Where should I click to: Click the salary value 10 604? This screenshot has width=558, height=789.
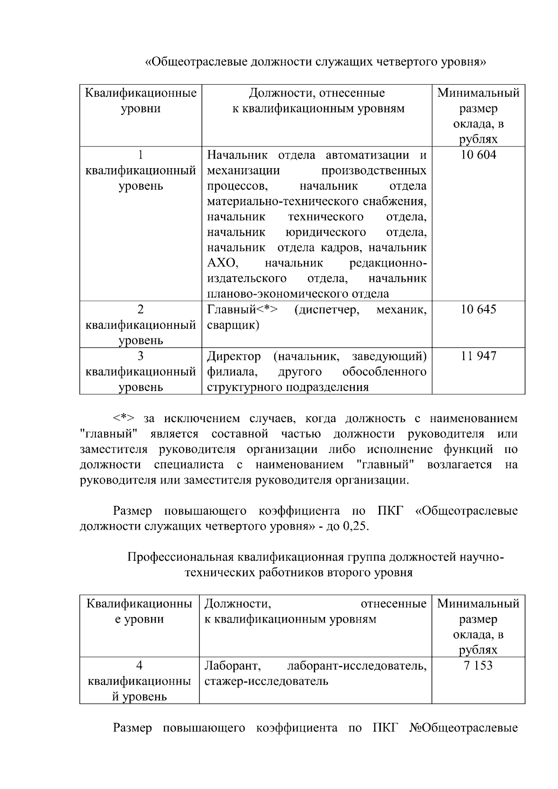click(x=478, y=155)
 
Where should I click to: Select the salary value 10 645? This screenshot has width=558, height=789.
click(x=478, y=310)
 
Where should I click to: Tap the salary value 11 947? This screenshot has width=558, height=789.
click(x=478, y=357)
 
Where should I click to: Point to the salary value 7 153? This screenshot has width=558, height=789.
click(x=478, y=666)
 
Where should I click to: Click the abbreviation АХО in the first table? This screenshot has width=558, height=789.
click(x=222, y=264)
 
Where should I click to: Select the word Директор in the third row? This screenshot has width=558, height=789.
click(x=234, y=357)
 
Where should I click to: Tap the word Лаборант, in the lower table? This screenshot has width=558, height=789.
click(x=232, y=666)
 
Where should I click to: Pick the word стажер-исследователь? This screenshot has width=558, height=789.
click(x=266, y=682)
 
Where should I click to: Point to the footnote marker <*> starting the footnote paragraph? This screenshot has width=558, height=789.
click(x=124, y=418)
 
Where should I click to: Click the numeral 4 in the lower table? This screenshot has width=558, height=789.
click(x=139, y=666)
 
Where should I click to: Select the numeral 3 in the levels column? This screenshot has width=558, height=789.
click(x=140, y=357)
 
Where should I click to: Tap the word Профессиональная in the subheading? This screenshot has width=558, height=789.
click(x=181, y=557)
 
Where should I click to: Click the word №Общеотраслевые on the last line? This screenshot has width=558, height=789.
click(x=464, y=728)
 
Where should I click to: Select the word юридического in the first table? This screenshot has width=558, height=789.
click(x=325, y=232)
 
